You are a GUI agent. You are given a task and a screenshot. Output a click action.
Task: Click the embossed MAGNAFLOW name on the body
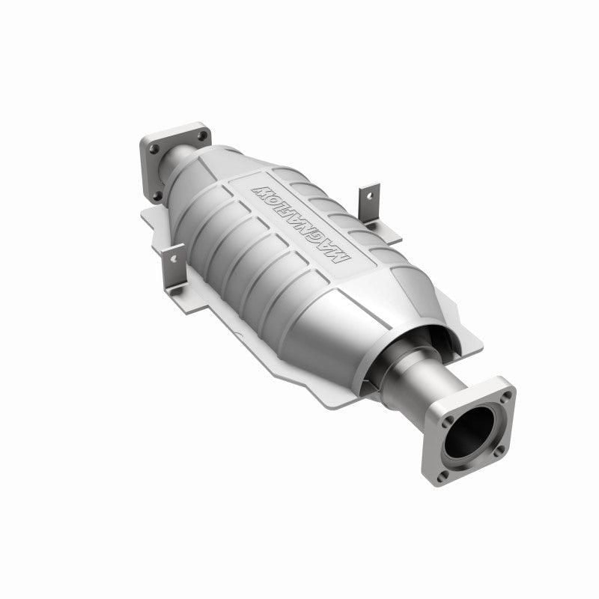(x=304, y=222)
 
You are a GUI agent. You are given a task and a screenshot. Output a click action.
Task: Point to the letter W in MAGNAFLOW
(x=264, y=186)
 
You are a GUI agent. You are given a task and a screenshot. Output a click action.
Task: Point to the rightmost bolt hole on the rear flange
(x=201, y=136)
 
